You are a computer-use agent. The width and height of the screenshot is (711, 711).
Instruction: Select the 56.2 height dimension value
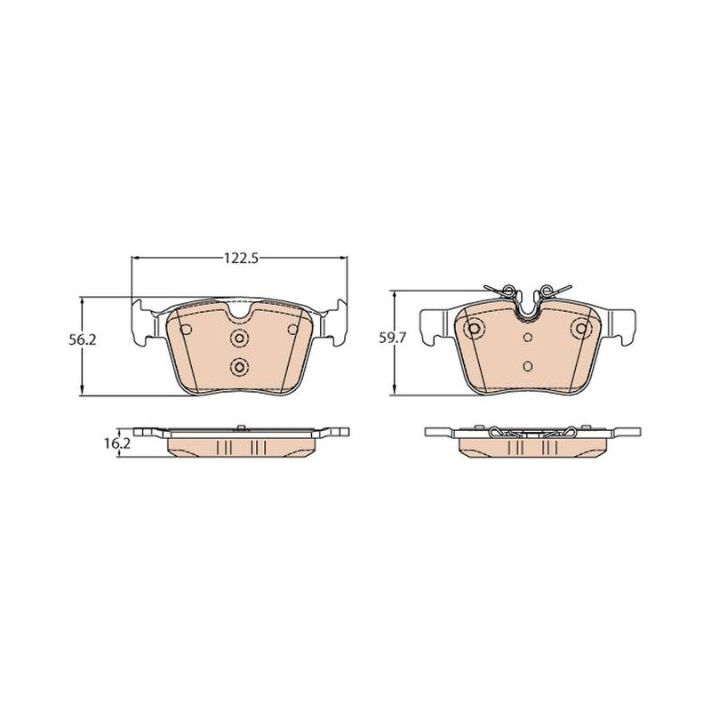point(83,340)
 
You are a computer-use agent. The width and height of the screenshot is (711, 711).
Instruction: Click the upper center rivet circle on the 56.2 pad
point(239,338)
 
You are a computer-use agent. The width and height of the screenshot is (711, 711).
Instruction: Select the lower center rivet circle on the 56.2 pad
point(239,366)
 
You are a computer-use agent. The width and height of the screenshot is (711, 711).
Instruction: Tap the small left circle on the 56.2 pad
point(185,329)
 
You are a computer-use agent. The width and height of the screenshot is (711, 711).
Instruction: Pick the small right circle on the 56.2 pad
point(293,329)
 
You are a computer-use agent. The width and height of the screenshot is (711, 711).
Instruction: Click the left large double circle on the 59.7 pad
point(475,328)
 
